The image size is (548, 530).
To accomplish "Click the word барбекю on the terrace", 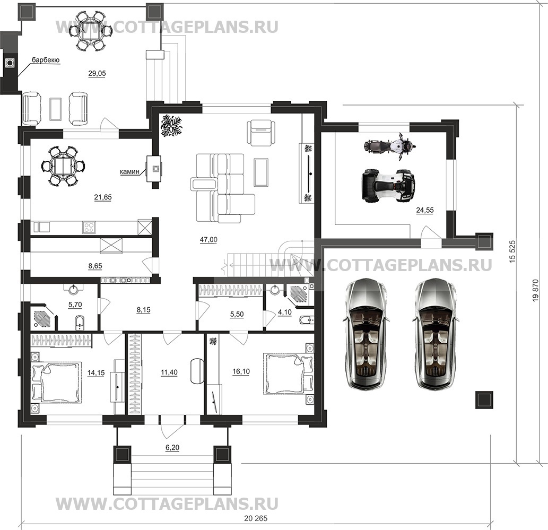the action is click(46, 60).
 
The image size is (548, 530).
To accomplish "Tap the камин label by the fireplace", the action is click(129, 172).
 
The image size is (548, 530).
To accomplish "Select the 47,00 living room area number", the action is click(208, 240).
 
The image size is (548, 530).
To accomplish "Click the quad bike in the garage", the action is click(388, 186).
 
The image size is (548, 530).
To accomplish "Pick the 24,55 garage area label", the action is click(425, 210).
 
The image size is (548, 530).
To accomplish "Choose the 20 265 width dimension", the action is click(256, 518).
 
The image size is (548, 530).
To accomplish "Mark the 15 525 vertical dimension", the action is click(512, 251).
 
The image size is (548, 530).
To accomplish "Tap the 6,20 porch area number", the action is click(172, 447).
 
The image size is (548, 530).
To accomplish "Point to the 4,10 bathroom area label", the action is click(284, 312).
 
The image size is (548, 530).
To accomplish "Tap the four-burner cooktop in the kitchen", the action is click(89, 228).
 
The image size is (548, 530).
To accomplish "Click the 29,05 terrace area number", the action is click(97, 73).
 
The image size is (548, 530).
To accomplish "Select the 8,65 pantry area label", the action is click(95, 266).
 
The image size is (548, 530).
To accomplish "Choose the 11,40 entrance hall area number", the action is click(169, 372).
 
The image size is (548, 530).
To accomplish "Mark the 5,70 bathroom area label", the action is click(75, 305).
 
